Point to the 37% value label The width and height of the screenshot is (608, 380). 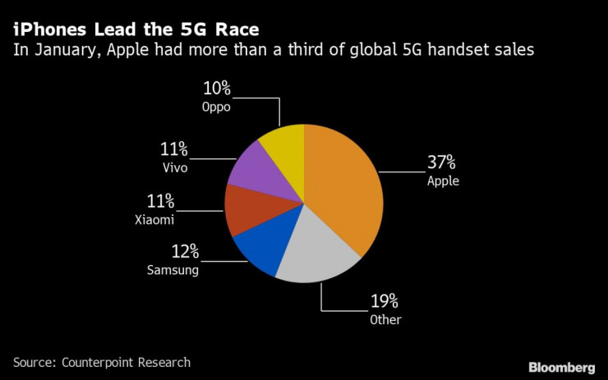point(442,162)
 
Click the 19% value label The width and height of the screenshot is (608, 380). point(385,300)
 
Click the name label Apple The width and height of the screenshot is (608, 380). point(443,181)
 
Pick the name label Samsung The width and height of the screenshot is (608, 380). point(173,269)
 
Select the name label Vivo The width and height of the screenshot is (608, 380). point(175,168)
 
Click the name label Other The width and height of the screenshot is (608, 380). point(385,319)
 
